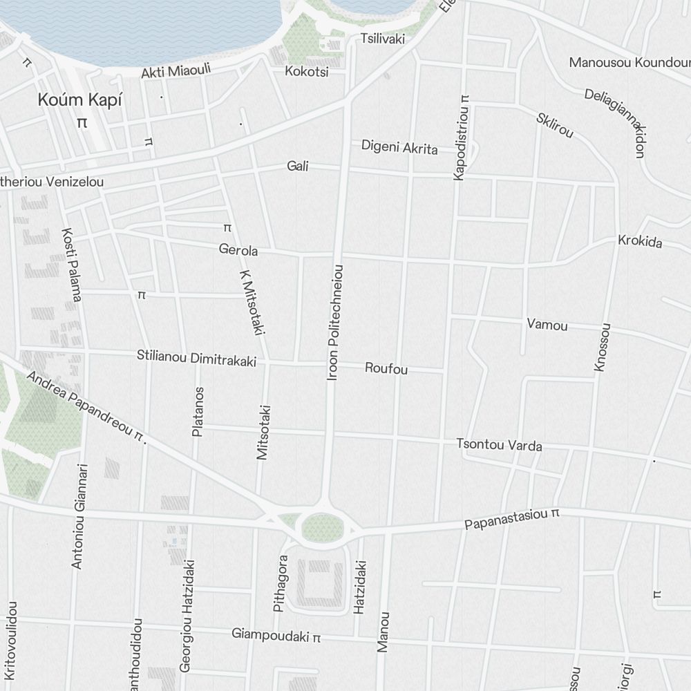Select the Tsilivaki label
tap(382, 39)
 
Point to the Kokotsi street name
tap(306, 71)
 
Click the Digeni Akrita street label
tap(399, 146)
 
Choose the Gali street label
tap(298, 166)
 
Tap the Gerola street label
tap(238, 249)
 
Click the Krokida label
tap(640, 241)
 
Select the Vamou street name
tap(547, 324)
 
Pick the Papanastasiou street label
tap(511, 519)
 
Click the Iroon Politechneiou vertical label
tap(335, 322)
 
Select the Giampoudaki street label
tap(276, 634)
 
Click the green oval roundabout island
tap(322, 527)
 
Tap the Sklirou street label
tap(554, 124)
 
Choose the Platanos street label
tap(198, 412)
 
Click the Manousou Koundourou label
tap(629, 62)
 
